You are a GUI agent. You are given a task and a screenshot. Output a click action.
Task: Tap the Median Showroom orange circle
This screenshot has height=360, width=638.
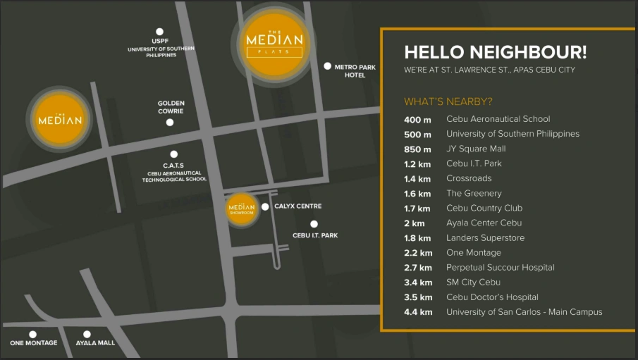240,209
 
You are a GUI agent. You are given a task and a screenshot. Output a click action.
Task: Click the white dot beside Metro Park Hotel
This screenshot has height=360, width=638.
328,66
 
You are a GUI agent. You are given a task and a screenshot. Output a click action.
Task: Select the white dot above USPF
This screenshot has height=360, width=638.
160,32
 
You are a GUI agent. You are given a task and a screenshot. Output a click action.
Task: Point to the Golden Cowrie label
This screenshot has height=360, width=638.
171,107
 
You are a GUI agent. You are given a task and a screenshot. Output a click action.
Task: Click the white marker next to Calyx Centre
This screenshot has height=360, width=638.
265,207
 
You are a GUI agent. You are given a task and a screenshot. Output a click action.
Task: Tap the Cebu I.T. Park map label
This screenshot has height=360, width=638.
315,235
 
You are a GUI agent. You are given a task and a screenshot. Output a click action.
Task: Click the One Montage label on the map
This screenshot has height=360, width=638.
32,343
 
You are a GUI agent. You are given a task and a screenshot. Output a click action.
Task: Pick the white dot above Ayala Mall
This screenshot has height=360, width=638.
87,335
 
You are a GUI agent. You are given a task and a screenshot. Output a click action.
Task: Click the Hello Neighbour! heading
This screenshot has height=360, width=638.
495,52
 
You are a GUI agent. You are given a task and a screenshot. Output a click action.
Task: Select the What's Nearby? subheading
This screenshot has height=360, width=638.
448,101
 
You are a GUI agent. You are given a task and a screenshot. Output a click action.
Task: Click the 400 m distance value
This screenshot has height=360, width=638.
417,120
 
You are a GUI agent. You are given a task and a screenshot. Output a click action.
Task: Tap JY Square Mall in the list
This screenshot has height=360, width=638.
476,149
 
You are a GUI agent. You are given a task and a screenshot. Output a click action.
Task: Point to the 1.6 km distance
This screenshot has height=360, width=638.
417,194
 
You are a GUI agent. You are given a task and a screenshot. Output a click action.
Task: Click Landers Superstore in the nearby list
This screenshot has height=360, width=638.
485,238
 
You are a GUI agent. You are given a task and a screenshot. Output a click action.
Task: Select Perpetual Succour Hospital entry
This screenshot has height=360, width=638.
500,268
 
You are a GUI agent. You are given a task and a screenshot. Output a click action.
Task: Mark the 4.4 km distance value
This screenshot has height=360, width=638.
418,312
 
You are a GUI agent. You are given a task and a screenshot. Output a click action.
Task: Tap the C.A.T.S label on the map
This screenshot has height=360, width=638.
174,166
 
